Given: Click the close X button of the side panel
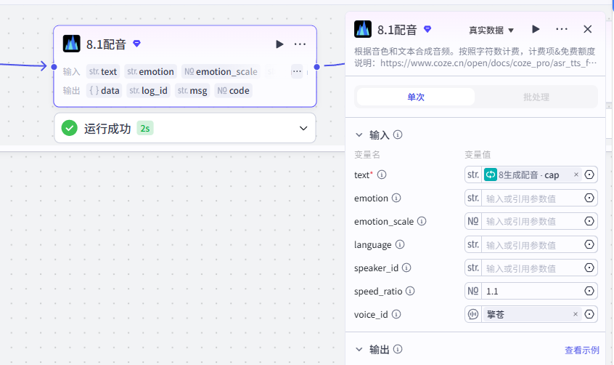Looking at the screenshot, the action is click(x=587, y=29).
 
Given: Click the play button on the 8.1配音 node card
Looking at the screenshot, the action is click(x=279, y=44).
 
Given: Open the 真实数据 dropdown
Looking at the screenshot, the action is click(x=491, y=31).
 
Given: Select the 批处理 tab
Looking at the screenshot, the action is click(x=536, y=97).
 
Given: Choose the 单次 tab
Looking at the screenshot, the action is click(x=416, y=97).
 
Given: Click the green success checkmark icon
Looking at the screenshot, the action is click(x=69, y=128).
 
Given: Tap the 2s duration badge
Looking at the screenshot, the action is click(x=145, y=129).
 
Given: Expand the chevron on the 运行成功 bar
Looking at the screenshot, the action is click(x=303, y=129).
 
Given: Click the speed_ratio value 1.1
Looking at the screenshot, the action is click(x=492, y=292).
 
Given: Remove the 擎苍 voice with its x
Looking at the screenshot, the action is click(x=576, y=314).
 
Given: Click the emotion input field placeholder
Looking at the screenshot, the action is click(x=521, y=198).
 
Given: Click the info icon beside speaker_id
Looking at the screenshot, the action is click(x=406, y=268).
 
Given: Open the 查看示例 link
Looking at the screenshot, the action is click(x=582, y=350).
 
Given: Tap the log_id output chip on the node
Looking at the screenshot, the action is click(x=148, y=91).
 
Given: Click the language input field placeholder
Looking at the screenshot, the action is click(x=521, y=245).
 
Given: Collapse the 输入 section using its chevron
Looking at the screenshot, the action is click(x=359, y=135).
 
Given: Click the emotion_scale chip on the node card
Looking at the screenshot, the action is click(x=221, y=71).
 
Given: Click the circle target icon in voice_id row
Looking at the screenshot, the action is click(x=589, y=314).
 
